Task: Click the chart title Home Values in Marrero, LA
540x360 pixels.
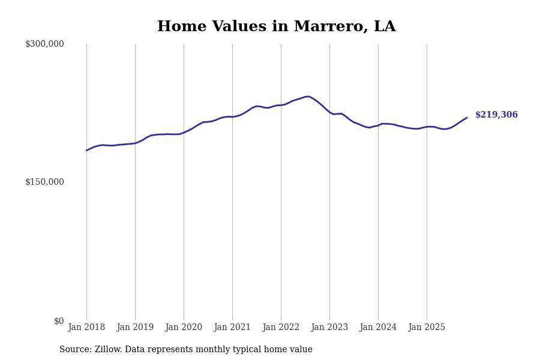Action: point(276,27)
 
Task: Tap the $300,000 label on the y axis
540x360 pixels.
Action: point(44,44)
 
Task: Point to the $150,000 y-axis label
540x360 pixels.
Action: point(44,182)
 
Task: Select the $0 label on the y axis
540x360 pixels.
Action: point(59,321)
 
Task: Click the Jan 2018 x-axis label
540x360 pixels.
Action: point(86,328)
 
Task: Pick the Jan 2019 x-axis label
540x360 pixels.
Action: point(135,328)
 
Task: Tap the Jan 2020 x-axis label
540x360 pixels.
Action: point(184,328)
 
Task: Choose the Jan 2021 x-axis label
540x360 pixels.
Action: point(232,328)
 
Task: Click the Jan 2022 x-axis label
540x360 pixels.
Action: point(281,328)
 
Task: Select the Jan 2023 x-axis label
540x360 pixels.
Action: point(329,328)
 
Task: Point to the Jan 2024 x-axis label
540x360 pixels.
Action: point(378,328)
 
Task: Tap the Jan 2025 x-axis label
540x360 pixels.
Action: point(427,328)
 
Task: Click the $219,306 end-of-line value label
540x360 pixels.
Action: point(496,115)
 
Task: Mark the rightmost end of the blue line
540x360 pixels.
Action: point(467,118)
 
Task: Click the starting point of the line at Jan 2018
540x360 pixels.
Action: point(86,151)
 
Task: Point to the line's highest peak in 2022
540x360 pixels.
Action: point(308,96)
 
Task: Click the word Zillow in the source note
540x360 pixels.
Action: point(108,350)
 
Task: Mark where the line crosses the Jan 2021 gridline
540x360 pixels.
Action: point(232,116)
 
